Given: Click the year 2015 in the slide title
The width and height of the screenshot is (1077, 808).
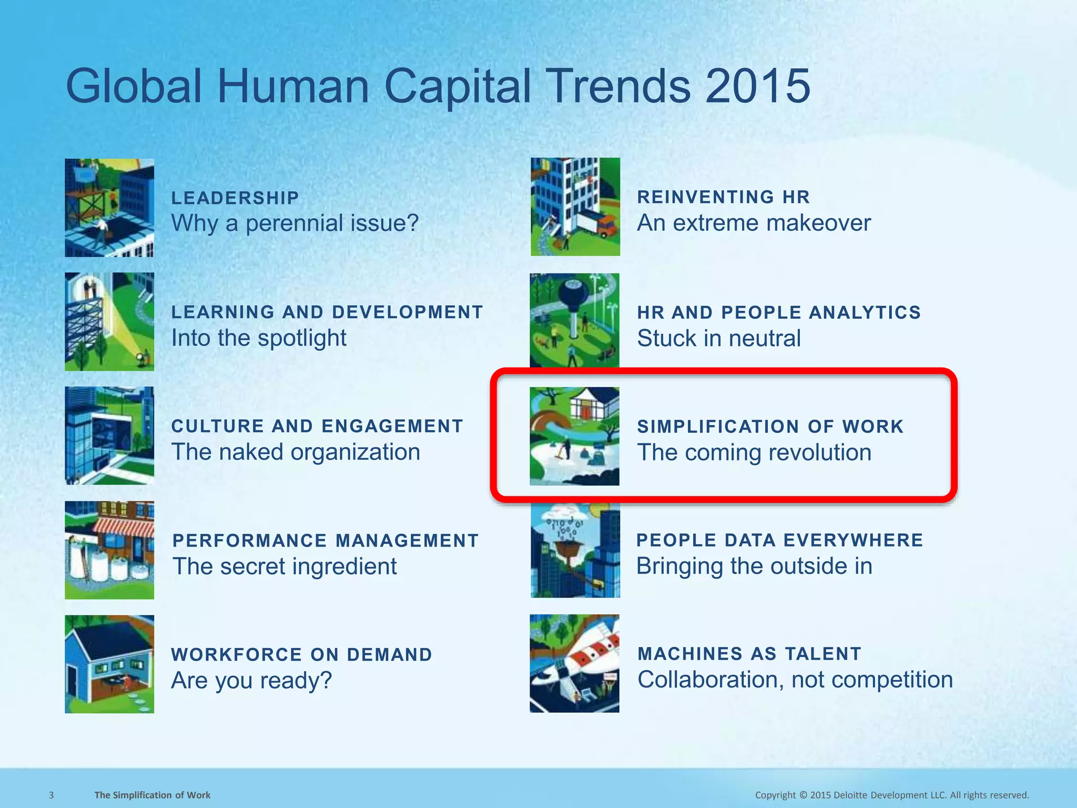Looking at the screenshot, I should pyautogui.click(x=757, y=86).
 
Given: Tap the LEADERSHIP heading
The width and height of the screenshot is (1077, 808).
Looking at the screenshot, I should pyautogui.click(x=235, y=198).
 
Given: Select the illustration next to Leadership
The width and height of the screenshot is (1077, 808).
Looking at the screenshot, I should pyautogui.click(x=109, y=208).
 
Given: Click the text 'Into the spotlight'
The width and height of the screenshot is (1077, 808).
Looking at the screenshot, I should pyautogui.click(x=259, y=338).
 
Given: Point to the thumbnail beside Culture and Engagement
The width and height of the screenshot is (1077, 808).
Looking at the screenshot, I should pyautogui.click(x=109, y=436).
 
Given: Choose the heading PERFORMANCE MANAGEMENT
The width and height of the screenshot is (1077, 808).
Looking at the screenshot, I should pyautogui.click(x=326, y=540).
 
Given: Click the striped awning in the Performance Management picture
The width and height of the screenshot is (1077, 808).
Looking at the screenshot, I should pyautogui.click(x=124, y=526).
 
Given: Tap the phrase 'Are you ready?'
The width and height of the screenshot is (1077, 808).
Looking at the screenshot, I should pyautogui.click(x=251, y=680).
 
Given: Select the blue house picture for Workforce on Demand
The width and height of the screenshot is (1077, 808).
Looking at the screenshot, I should pyautogui.click(x=109, y=664).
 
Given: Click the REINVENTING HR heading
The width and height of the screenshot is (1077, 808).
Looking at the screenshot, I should pyautogui.click(x=724, y=197).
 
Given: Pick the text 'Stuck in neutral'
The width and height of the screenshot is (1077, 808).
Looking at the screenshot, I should pyautogui.click(x=719, y=338).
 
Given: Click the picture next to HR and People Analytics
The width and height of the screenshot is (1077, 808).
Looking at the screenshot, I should pyautogui.click(x=574, y=320).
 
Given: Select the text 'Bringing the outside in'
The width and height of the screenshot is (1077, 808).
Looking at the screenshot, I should pyautogui.click(x=754, y=566).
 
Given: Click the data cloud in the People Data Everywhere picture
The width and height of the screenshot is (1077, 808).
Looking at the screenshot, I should pyautogui.click(x=564, y=526).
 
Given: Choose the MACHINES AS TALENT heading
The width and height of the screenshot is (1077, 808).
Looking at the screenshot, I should pyautogui.click(x=749, y=654).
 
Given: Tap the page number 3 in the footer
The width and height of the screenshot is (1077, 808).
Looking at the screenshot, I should pyautogui.click(x=51, y=795).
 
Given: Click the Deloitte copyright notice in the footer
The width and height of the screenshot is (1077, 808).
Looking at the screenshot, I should pyautogui.click(x=892, y=795).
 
